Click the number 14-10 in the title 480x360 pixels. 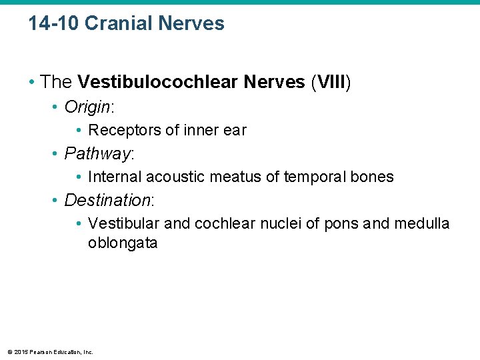(x=54, y=24)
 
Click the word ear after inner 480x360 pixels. (x=235, y=130)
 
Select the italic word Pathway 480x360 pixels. (x=97, y=153)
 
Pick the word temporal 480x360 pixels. (x=315, y=177)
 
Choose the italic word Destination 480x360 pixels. (x=108, y=200)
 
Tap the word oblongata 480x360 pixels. (x=123, y=243)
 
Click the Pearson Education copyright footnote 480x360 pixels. (x=50, y=352)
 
